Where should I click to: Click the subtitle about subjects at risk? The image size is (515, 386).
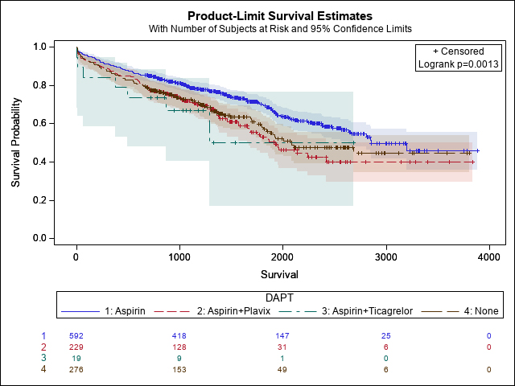(x=280, y=29)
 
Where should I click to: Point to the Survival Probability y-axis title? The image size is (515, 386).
(x=16, y=143)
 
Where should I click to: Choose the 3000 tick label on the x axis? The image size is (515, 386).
(x=385, y=257)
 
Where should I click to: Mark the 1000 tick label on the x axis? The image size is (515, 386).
(x=179, y=257)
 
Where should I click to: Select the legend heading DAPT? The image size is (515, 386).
(x=280, y=298)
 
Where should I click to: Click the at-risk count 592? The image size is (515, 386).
(x=76, y=335)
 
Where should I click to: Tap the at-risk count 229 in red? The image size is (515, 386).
(x=76, y=346)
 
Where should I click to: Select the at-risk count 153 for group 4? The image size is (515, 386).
(x=179, y=369)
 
